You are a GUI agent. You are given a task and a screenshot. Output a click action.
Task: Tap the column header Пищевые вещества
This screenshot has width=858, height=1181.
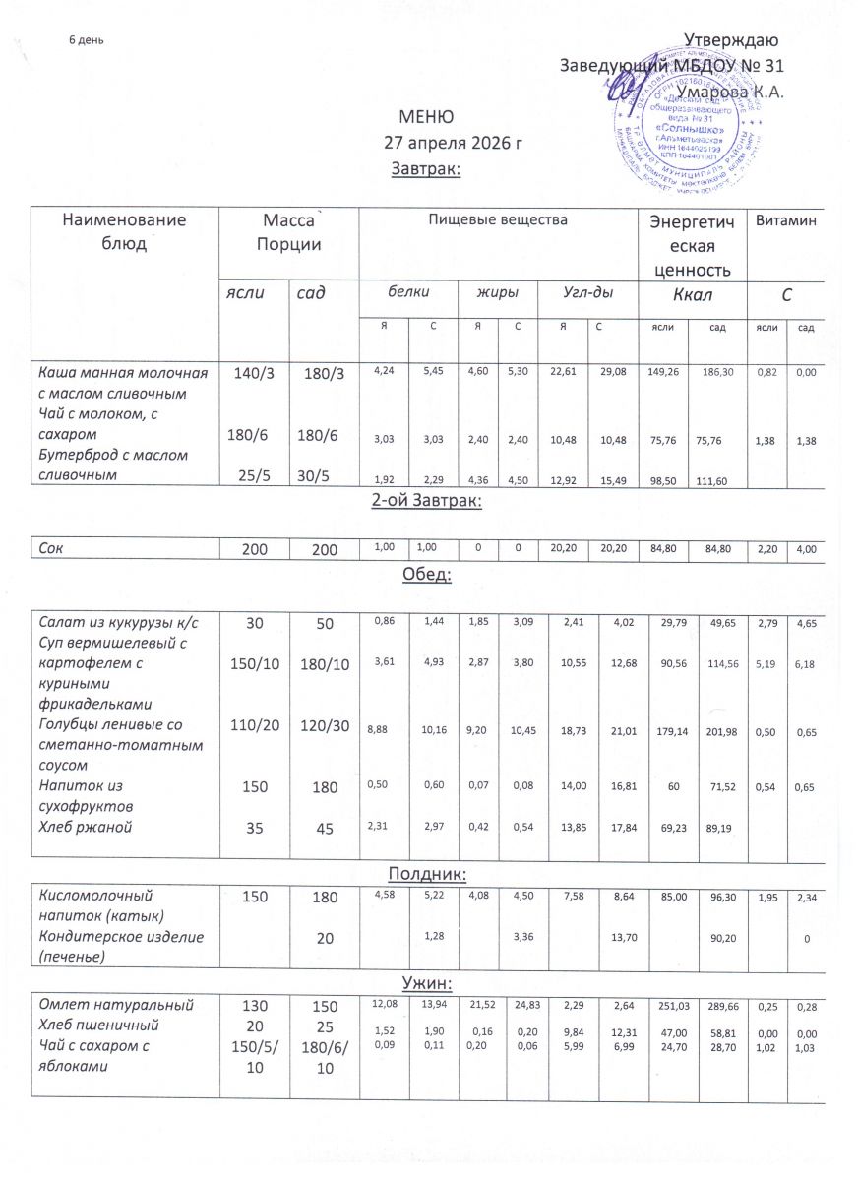pyautogui.click(x=497, y=219)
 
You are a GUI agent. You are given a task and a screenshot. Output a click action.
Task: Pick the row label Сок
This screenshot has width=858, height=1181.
pyautogui.click(x=49, y=542)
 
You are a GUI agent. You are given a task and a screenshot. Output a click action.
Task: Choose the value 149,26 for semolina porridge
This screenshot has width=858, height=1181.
pyautogui.click(x=666, y=374)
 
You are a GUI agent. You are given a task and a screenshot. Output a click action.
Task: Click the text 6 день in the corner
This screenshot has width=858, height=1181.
pyautogui.click(x=87, y=40)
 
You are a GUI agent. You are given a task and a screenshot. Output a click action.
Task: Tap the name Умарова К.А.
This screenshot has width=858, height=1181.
pyautogui.click(x=730, y=92)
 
